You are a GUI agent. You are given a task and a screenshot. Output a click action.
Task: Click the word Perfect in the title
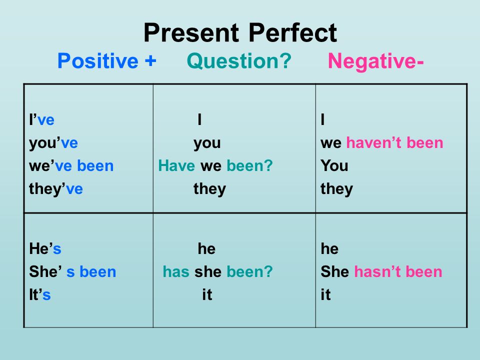pyautogui.click(x=292, y=32)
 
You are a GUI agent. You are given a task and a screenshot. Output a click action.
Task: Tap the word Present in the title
pyautogui.click(x=191, y=32)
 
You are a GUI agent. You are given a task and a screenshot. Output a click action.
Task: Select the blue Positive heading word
pyautogui.click(x=98, y=61)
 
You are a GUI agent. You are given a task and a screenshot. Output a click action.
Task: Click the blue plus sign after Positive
pyautogui.click(x=150, y=60)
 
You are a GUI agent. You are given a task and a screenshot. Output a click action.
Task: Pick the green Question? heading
pyautogui.click(x=239, y=61)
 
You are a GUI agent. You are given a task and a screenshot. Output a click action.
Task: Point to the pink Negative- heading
pyautogui.click(x=375, y=61)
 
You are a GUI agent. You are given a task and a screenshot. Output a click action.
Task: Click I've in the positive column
pyautogui.click(x=41, y=119)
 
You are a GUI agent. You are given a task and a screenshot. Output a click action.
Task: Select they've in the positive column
pyautogui.click(x=56, y=188)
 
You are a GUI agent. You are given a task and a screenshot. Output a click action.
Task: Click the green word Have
pyautogui.click(x=176, y=165)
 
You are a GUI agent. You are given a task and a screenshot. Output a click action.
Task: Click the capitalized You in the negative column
pyautogui.click(x=334, y=165)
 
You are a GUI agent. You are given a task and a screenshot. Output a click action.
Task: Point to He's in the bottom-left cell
pyautogui.click(x=45, y=248)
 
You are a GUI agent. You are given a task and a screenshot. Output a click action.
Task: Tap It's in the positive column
pyautogui.click(x=40, y=294)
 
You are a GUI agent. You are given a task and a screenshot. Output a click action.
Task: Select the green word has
pyautogui.click(x=176, y=271)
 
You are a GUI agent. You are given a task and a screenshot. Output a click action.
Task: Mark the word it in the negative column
pyautogui.click(x=325, y=294)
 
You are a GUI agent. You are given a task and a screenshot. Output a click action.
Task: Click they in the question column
pyautogui.click(x=209, y=189)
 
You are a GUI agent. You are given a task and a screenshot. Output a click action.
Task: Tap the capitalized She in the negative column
pyautogui.click(x=334, y=271)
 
